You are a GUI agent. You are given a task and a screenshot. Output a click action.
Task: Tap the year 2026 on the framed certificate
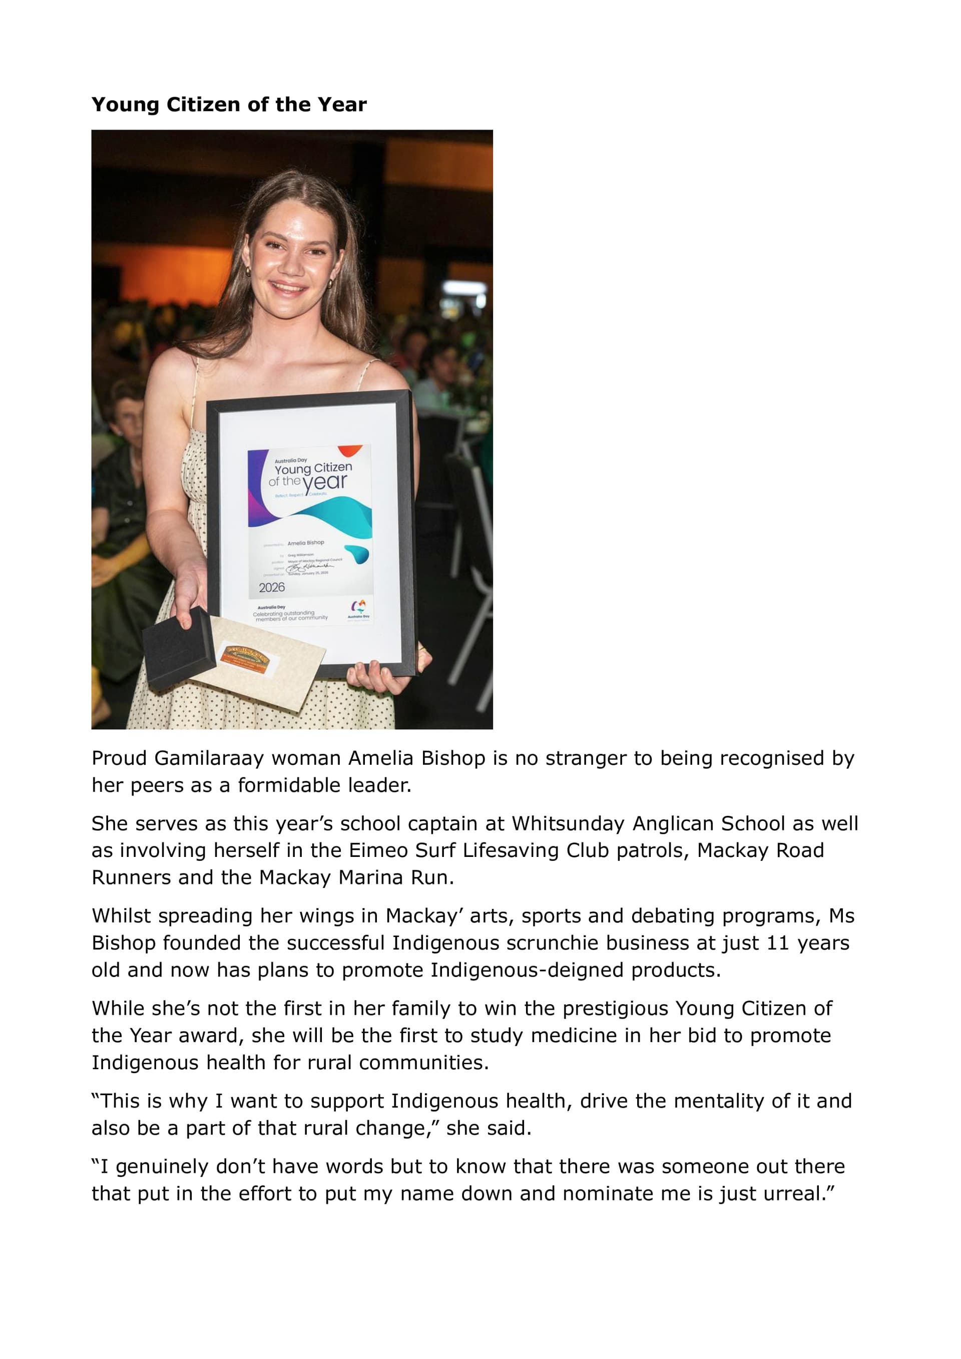point(272,587)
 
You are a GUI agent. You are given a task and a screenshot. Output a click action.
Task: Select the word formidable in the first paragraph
point(289,785)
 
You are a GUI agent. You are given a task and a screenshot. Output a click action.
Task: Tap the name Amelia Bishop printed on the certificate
point(305,542)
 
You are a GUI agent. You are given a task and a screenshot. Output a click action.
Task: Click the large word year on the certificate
point(324,483)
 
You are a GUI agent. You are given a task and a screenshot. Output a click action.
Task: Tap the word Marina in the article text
point(370,878)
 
